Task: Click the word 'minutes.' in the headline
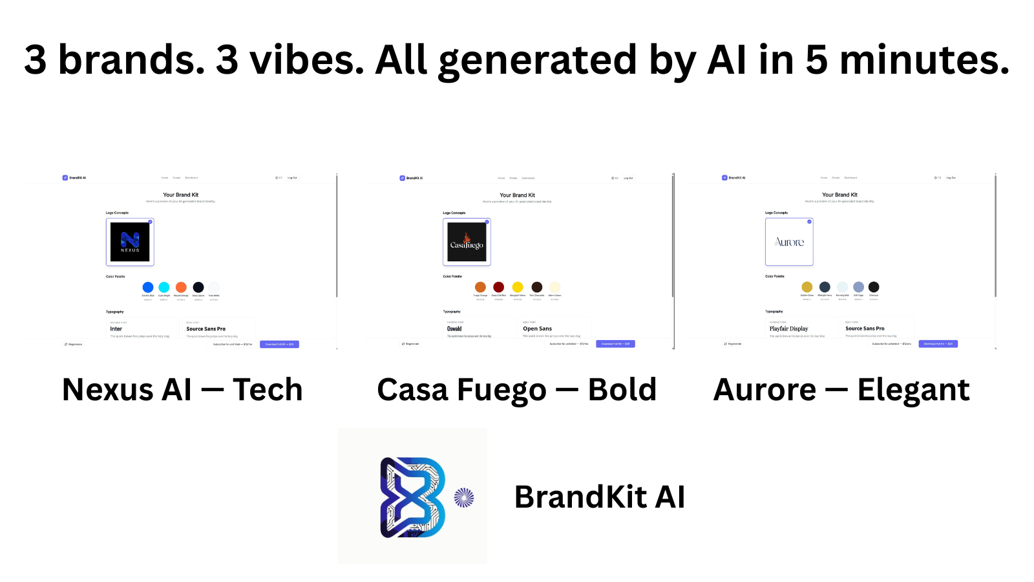(x=924, y=59)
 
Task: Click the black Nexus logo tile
(x=130, y=242)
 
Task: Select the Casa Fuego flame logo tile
(x=467, y=242)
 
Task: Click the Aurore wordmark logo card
(x=789, y=242)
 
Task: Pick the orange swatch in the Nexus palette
(x=181, y=287)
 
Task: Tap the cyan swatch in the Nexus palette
(x=164, y=287)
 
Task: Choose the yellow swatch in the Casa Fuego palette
(x=518, y=287)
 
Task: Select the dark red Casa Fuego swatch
(x=499, y=287)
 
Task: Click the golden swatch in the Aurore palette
(x=807, y=287)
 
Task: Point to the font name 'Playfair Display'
(x=788, y=329)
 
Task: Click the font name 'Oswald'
(x=454, y=329)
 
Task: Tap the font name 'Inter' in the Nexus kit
(x=116, y=329)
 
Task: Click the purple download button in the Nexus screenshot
(x=279, y=344)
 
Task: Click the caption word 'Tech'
(x=268, y=390)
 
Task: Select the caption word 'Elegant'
(x=913, y=390)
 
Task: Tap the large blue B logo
(x=412, y=497)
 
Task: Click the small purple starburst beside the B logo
(x=464, y=497)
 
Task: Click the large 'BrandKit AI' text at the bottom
(x=599, y=497)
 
